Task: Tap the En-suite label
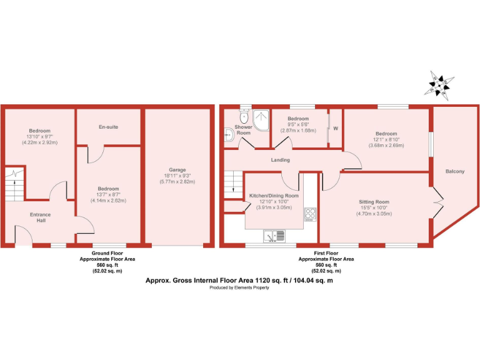tap(109, 127)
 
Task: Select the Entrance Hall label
tap(41, 217)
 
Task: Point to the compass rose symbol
tap(442, 84)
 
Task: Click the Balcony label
tap(454, 171)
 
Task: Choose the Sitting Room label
tap(374, 202)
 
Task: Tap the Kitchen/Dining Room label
tap(275, 196)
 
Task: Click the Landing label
tap(280, 160)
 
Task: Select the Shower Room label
tap(243, 130)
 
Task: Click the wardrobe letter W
tap(336, 129)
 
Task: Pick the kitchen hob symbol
tap(310, 214)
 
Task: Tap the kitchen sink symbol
tap(274, 236)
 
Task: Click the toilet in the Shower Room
tap(244, 116)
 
